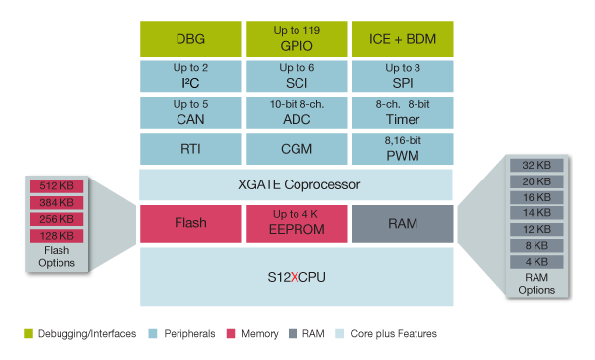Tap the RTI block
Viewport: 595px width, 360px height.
(x=189, y=149)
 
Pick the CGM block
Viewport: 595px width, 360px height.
(x=296, y=149)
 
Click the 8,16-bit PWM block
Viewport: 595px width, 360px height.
(x=402, y=149)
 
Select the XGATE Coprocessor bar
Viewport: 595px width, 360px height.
(x=296, y=185)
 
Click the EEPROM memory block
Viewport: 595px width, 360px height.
(x=296, y=223)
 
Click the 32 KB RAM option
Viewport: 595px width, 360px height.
(x=535, y=165)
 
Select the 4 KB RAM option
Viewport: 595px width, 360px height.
(x=535, y=263)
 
